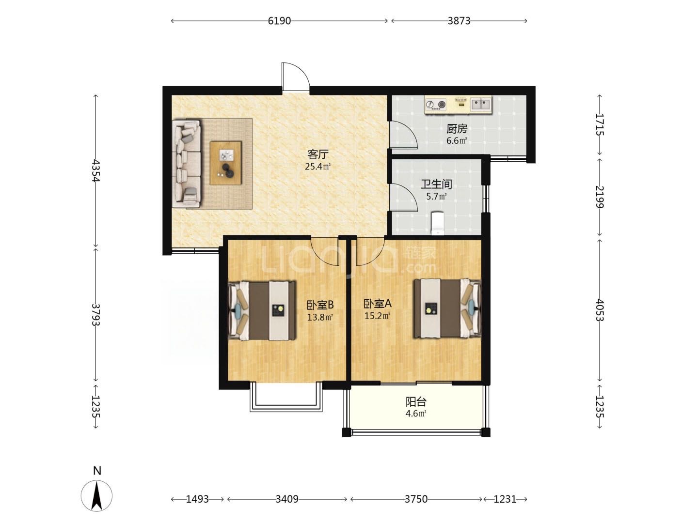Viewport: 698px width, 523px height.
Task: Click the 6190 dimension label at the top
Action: coord(279,21)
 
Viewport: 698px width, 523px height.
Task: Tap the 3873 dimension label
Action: coord(459,21)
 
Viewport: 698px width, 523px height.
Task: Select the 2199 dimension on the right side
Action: coord(600,197)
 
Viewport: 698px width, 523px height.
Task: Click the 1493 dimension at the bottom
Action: coord(197,499)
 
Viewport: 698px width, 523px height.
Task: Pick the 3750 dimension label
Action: coord(416,499)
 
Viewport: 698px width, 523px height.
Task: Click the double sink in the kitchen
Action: coord(480,104)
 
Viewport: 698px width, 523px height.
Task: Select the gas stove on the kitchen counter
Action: coord(436,105)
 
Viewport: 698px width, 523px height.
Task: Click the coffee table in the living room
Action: coord(225,163)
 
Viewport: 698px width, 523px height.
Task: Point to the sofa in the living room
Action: coord(187,164)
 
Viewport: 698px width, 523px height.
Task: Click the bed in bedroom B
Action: coord(262,310)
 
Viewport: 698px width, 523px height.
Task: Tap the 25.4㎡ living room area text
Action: coord(317,167)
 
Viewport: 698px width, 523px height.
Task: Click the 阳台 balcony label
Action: coord(415,402)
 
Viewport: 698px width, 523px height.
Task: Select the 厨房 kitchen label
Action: coord(457,129)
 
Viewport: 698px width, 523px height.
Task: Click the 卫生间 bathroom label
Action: coord(436,184)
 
